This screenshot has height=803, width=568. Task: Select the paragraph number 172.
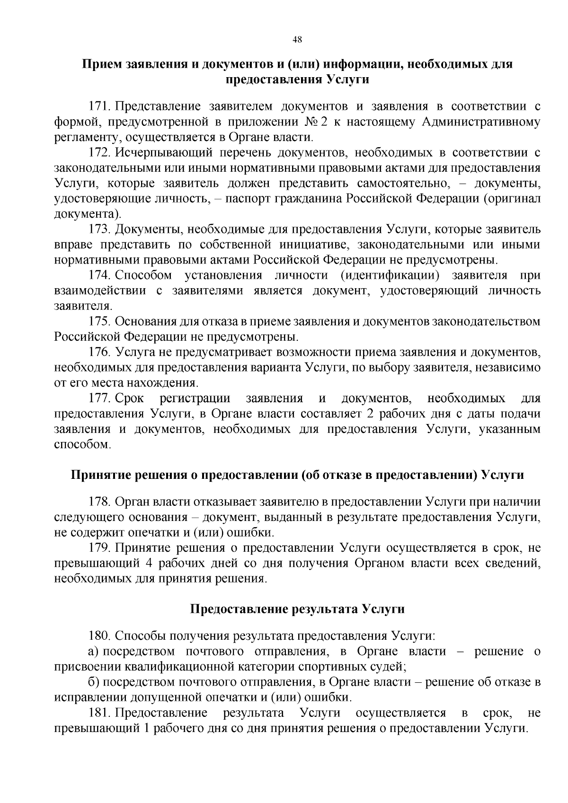[98, 152]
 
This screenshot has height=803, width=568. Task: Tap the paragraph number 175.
[98, 322]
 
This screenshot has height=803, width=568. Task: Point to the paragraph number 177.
[98, 398]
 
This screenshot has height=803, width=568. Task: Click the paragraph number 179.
[98, 548]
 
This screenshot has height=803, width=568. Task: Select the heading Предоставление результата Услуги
[297, 609]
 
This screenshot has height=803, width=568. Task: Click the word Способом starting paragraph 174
[143, 275]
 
